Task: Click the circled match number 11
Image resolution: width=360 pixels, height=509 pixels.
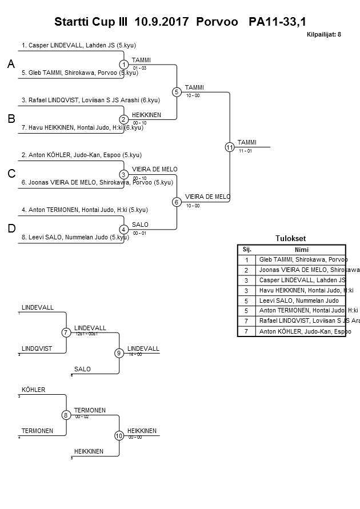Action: (230, 147)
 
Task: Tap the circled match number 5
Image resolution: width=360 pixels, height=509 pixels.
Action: (177, 92)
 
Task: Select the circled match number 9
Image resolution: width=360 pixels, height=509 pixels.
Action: (119, 353)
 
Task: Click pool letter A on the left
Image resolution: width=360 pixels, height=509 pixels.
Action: (11, 65)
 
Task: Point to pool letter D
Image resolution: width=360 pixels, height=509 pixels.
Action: (11, 229)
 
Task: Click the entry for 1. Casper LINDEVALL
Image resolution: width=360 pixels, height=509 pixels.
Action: (79, 45)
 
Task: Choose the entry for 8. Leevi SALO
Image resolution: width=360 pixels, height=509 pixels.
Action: (79, 237)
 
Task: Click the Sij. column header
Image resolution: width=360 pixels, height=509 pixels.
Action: (247, 250)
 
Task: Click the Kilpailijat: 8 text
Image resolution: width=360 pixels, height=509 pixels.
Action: (324, 35)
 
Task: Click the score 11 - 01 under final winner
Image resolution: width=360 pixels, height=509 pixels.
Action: (245, 151)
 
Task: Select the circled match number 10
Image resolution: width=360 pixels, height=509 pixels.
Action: (119, 435)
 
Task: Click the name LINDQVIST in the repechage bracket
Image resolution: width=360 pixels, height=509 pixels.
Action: (37, 348)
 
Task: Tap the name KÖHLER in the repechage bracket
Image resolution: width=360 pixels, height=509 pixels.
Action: (33, 390)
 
